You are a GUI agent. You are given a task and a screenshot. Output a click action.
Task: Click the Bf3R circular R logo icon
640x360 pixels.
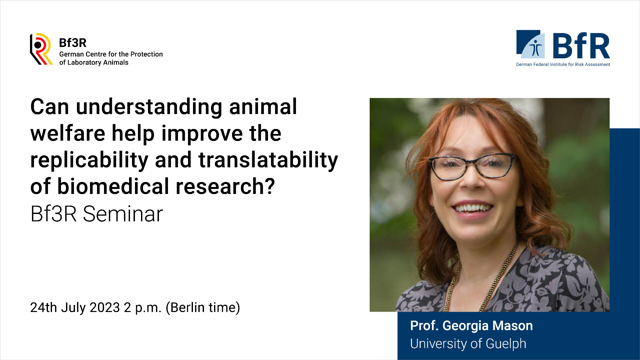41,49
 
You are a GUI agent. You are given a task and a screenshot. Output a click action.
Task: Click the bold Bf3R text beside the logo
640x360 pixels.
73,43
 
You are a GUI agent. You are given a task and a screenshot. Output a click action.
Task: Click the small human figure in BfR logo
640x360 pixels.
536,48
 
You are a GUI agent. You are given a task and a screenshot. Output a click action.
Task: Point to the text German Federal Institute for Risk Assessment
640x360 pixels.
563,64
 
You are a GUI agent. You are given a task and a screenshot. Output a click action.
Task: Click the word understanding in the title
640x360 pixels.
149,107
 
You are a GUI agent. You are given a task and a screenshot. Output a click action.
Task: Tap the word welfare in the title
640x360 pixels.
68,133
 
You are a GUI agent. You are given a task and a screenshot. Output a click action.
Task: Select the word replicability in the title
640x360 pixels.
89,160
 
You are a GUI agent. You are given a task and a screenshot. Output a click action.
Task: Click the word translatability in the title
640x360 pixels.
268,160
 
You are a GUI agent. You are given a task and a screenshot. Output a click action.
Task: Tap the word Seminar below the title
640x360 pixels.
123,214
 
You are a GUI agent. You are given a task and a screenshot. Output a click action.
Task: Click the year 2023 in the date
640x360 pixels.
105,307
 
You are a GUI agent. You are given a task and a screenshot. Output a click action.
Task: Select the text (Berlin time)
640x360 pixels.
203,308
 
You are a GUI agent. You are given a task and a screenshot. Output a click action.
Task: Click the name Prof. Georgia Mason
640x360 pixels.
471,326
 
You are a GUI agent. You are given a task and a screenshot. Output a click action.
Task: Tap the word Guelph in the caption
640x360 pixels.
506,344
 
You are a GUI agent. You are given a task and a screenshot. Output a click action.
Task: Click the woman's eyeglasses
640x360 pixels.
472,166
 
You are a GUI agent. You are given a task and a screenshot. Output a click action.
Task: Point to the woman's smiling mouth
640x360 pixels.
473,209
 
